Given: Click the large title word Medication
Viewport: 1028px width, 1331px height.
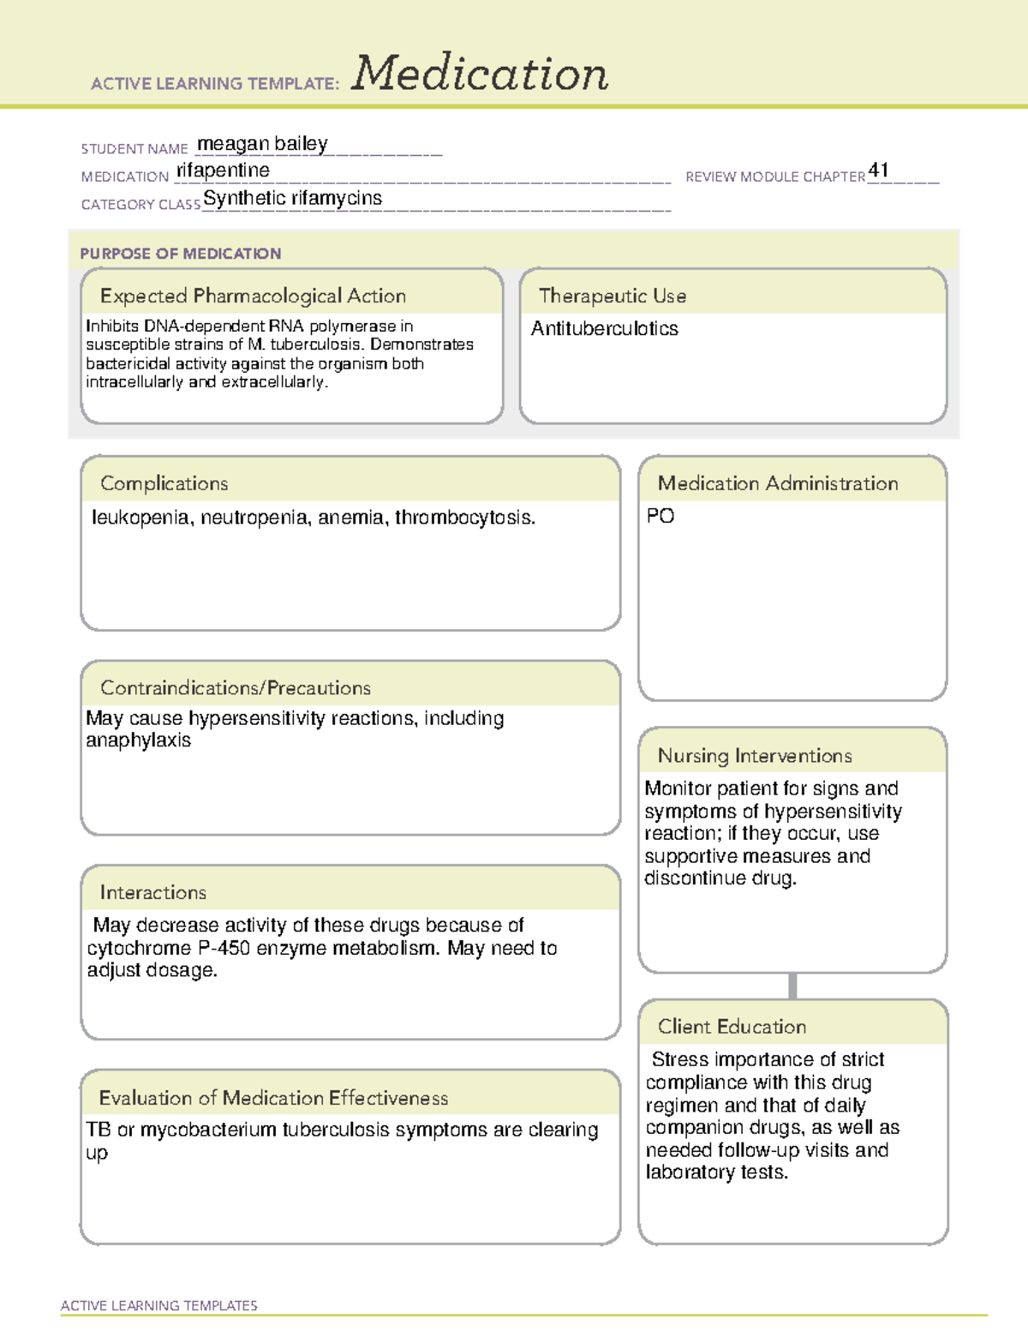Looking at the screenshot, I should (x=480, y=74).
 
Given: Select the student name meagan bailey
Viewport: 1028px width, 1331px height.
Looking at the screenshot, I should (x=262, y=144).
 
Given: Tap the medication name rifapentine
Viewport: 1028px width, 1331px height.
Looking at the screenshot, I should (x=223, y=171).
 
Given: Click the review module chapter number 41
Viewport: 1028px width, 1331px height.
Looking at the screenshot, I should (x=878, y=170).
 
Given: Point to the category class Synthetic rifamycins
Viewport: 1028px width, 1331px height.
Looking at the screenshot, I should (x=292, y=198).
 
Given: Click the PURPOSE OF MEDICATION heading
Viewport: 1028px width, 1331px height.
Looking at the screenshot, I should (x=180, y=254).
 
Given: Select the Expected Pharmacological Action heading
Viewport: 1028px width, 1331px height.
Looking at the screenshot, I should (x=253, y=296).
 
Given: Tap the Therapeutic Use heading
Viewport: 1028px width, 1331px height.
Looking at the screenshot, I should (x=612, y=296).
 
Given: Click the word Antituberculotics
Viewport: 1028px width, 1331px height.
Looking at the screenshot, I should (x=604, y=328).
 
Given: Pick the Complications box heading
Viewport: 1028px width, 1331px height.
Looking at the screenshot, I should (x=164, y=483).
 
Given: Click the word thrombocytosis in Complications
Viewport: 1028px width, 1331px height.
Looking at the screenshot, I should (x=464, y=518).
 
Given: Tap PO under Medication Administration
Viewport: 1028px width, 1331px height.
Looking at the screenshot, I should (x=660, y=516).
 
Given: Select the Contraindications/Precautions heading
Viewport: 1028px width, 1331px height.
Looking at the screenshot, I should (x=235, y=688).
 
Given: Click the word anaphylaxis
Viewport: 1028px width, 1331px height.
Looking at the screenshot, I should (x=138, y=740).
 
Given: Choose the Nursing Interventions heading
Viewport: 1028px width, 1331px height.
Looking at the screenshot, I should (x=754, y=756).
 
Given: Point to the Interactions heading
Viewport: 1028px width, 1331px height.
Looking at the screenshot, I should (x=152, y=893).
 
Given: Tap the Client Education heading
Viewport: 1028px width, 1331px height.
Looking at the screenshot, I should (x=732, y=1027).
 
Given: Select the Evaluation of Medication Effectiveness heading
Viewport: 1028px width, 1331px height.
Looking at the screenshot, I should (x=273, y=1098).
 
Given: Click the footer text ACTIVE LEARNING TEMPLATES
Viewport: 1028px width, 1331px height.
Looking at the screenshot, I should (x=158, y=1305).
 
